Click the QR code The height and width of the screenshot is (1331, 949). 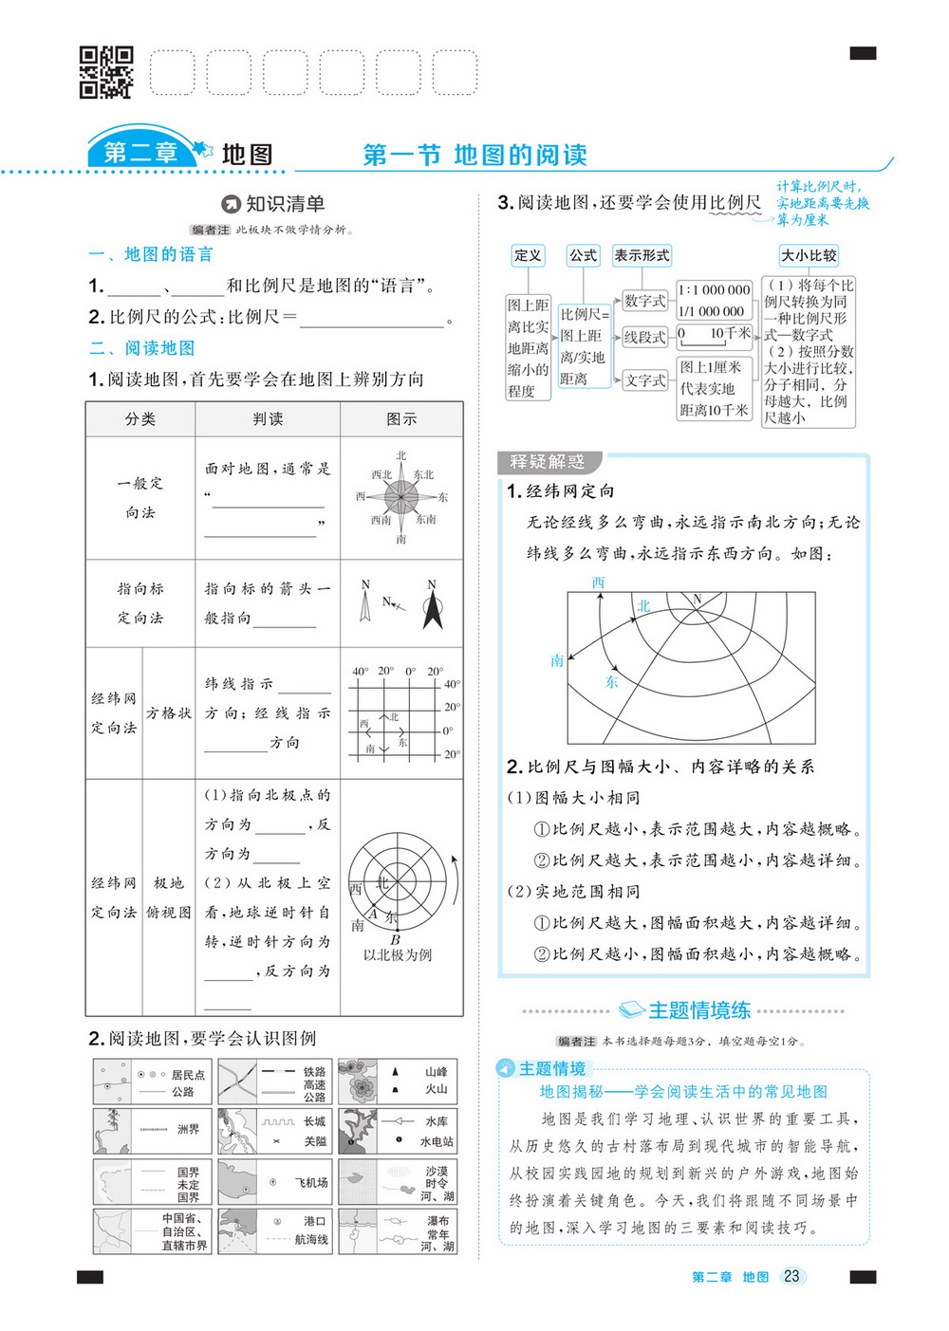[105, 72]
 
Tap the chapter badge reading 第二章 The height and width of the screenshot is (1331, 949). [140, 152]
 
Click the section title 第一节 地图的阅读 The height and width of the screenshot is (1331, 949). [474, 155]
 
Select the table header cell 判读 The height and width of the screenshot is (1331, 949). [268, 418]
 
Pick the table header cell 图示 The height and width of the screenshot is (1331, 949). [401, 418]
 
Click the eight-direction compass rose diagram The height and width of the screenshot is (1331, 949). [401, 496]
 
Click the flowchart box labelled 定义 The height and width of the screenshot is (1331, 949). [528, 255]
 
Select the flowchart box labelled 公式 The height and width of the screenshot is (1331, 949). [583, 255]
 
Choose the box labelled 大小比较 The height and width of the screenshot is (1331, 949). [809, 255]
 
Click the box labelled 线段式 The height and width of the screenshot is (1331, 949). [644, 337]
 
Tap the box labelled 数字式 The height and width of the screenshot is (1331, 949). [644, 301]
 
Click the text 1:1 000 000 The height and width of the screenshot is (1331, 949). [714, 290]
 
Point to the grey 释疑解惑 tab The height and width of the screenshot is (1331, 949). [548, 462]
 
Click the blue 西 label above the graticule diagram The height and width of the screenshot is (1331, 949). [598, 582]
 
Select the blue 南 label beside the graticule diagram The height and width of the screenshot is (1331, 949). [557, 660]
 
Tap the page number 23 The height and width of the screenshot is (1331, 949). [791, 1276]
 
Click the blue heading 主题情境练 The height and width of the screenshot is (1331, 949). [699, 1010]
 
